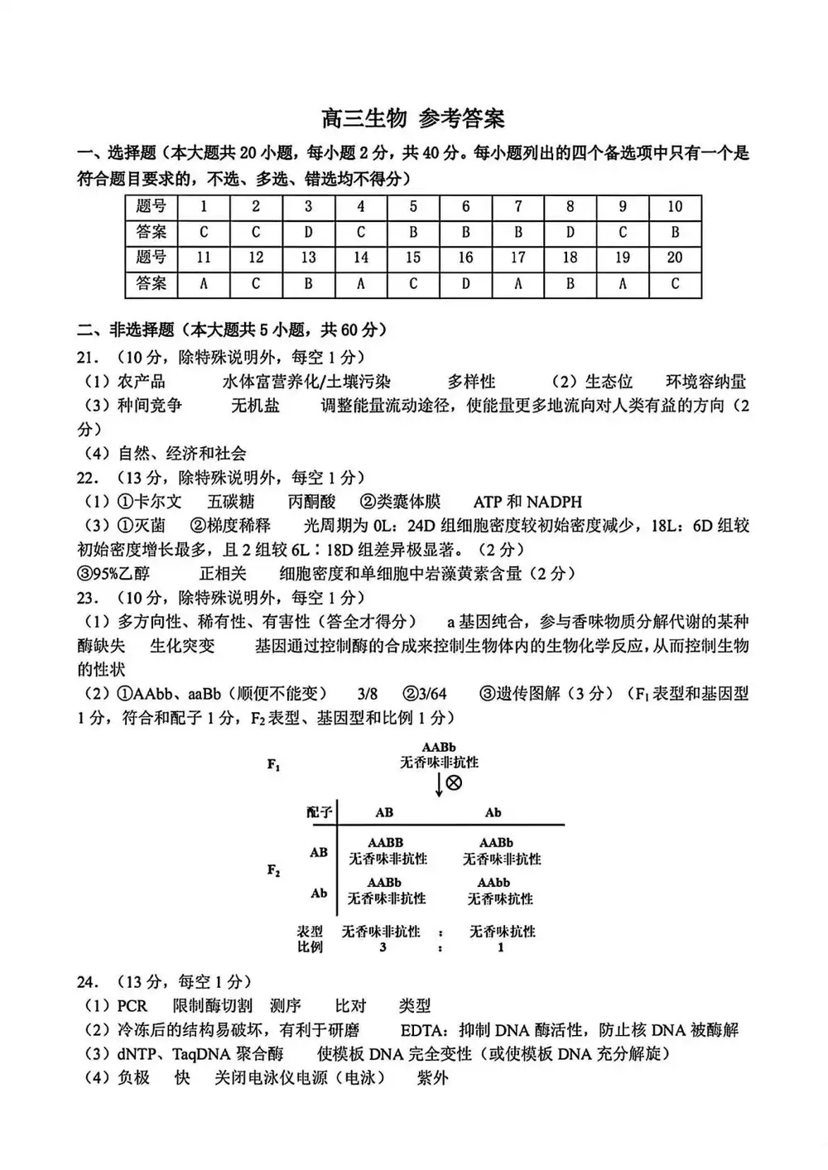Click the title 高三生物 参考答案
[413, 118]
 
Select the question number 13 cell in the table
[308, 258]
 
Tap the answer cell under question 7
[517, 232]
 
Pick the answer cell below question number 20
[675, 283]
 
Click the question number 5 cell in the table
[413, 206]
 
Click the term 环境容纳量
[705, 382]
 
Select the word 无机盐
[255, 406]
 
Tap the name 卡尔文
[157, 502]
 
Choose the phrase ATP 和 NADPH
[527, 502]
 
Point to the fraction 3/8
[368, 694]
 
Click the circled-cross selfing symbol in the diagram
[454, 782]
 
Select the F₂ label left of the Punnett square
[274, 870]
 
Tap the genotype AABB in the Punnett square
[385, 843]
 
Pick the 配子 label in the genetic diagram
[319, 812]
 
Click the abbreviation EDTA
[424, 1030]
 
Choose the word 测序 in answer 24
[286, 1006]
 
